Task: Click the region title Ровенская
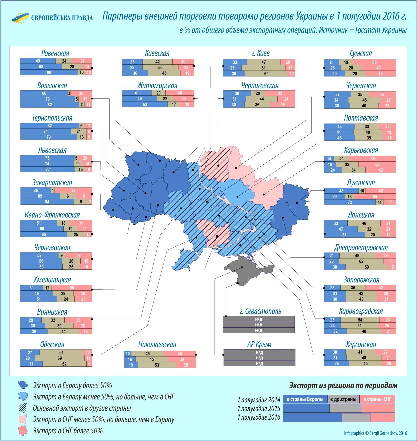pyautogui.click(x=55, y=53)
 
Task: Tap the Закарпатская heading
pyautogui.click(x=52, y=183)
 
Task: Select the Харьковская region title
pyautogui.click(x=361, y=150)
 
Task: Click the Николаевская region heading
pyautogui.click(x=157, y=344)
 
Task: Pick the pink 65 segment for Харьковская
pyautogui.click(x=372, y=159)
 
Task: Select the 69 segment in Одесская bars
pyautogui.click(x=60, y=358)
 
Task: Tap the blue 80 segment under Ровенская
pyautogui.click(x=49, y=72)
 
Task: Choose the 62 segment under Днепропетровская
pyautogui.click(x=361, y=261)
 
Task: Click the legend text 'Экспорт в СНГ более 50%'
pyautogui.click(x=68, y=431)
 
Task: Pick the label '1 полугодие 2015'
pyautogui.click(x=259, y=409)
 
